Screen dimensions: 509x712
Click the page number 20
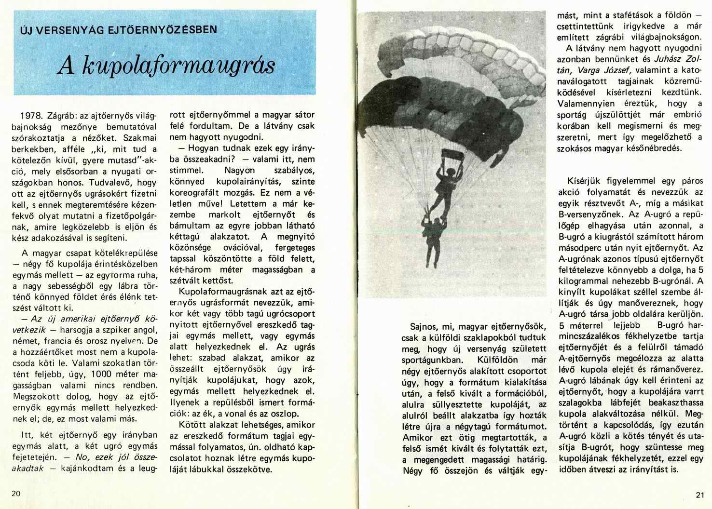pyautogui.click(x=15, y=494)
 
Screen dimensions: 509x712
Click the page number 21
pyautogui.click(x=700, y=495)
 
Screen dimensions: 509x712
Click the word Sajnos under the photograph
pyautogui.click(x=422, y=326)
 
